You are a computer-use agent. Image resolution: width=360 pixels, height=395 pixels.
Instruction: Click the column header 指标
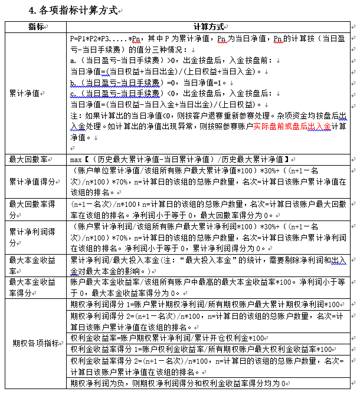tap(35, 27)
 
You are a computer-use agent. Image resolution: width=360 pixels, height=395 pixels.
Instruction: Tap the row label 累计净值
tap(25, 93)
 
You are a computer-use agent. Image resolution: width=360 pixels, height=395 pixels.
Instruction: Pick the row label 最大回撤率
tap(28, 159)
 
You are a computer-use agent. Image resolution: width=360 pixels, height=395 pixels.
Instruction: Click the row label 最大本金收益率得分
tap(32, 288)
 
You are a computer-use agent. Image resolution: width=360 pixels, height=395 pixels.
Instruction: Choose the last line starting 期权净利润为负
tap(177, 383)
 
